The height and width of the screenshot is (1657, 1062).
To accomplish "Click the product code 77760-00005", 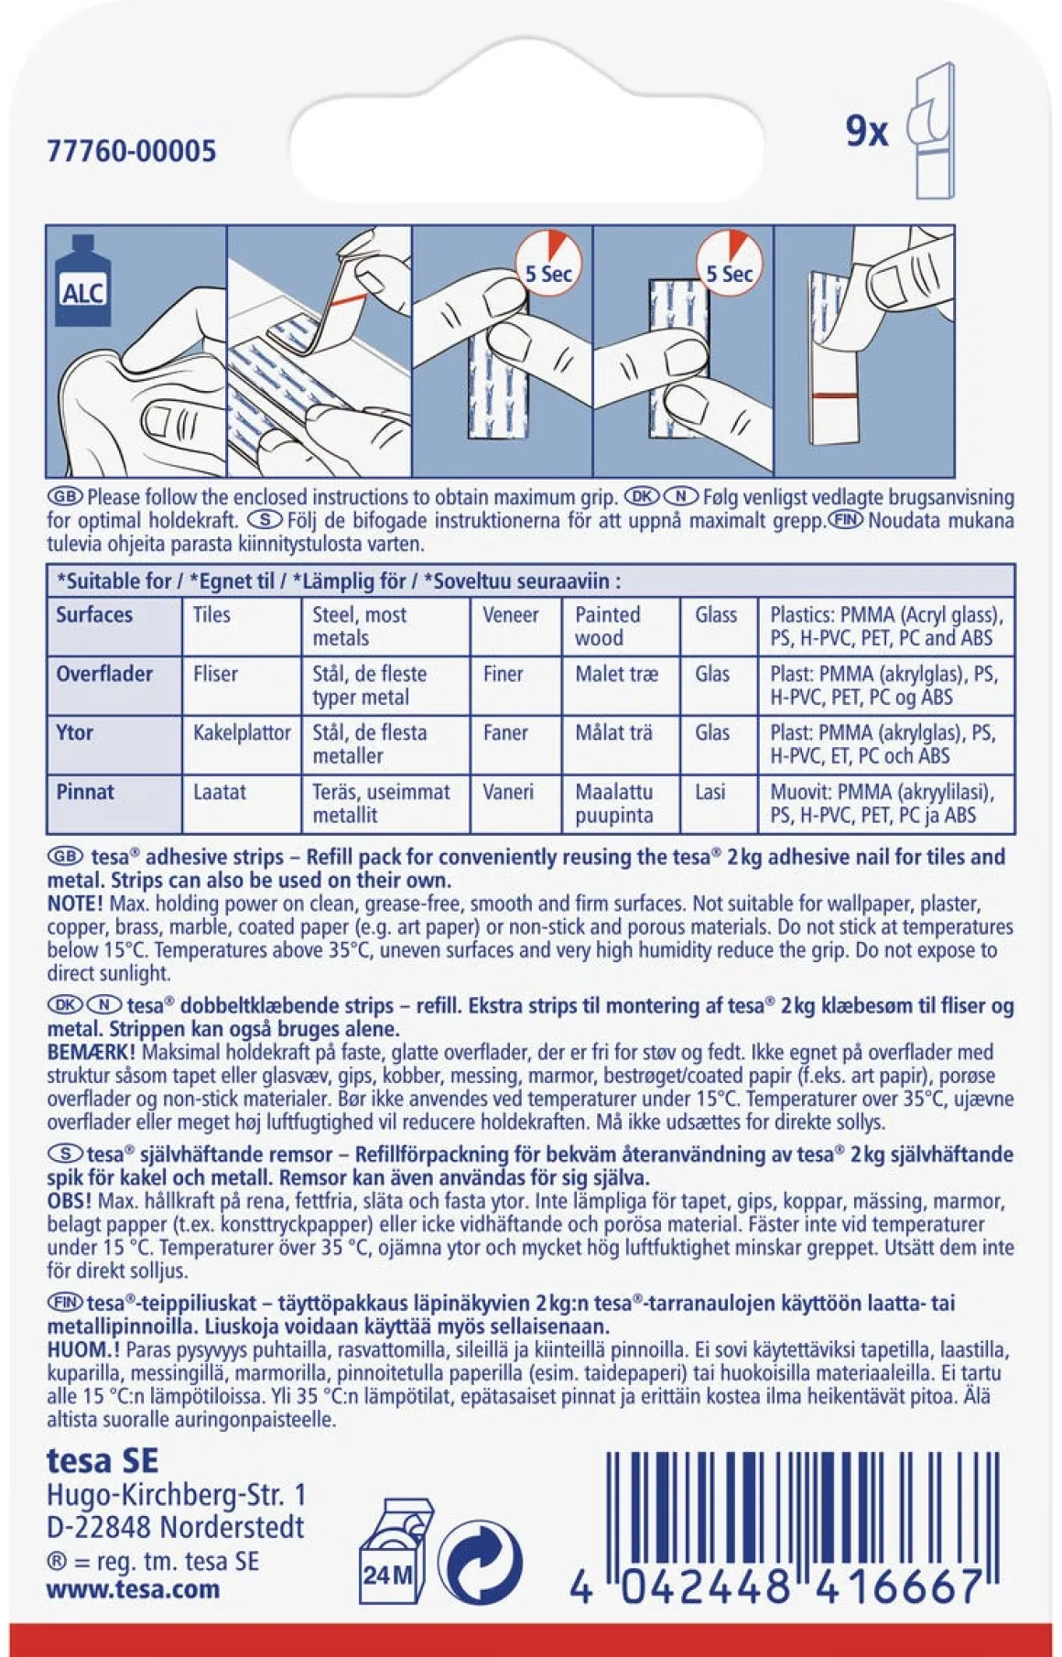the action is click(x=132, y=151).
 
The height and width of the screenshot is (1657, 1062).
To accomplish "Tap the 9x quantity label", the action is click(x=867, y=131).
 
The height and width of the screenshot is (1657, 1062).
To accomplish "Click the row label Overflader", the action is click(x=104, y=675).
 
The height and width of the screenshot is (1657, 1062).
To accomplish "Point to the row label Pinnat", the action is click(x=85, y=792).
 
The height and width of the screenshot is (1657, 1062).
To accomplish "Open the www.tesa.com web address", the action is click(x=134, y=1588).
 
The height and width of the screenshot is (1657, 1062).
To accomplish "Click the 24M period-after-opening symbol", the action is click(x=396, y=1551).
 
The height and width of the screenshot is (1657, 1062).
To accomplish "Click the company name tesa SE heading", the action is click(x=103, y=1460).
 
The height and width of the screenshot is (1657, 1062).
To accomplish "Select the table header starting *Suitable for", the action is click(x=339, y=581).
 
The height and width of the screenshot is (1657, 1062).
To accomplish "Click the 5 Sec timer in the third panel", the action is click(x=548, y=263).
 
